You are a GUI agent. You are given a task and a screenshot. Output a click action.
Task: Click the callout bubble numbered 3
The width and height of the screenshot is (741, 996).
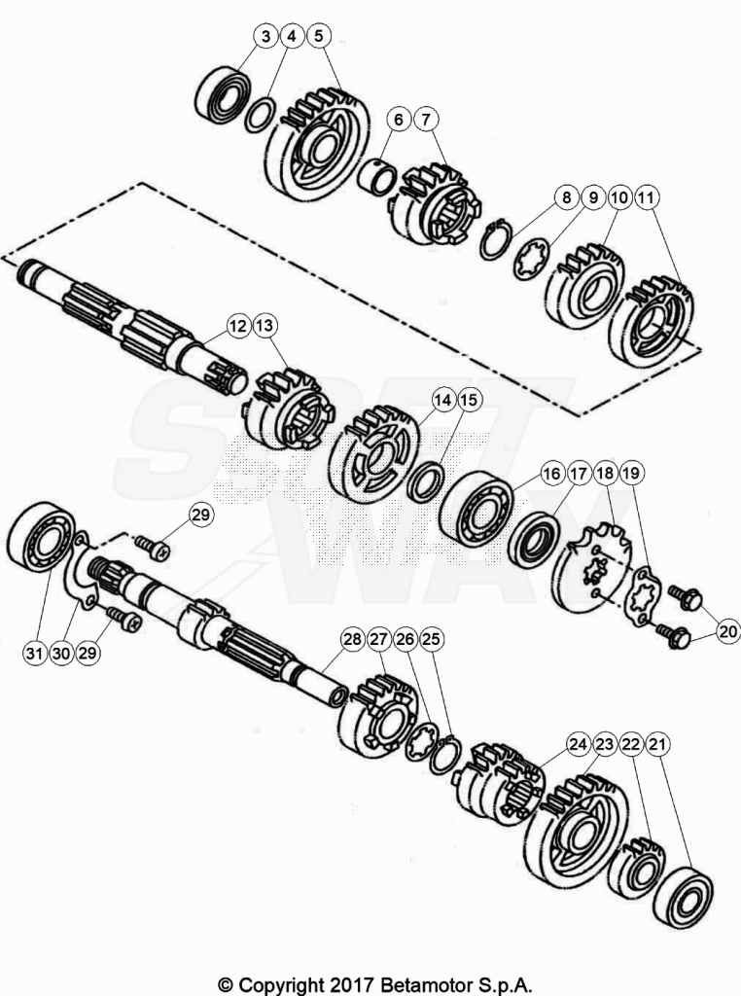point(266,36)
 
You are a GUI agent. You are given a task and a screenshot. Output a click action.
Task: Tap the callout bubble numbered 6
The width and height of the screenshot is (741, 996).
point(399,119)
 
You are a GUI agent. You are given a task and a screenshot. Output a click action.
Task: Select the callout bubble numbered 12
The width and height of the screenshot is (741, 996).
point(238,326)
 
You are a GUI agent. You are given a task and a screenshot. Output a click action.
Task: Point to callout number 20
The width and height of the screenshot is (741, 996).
point(728,631)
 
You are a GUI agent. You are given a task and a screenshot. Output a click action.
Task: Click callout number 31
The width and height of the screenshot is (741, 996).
point(35,653)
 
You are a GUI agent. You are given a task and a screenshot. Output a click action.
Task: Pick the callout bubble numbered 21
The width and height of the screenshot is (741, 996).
point(657,744)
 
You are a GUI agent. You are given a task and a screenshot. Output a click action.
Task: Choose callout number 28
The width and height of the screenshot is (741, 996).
point(352,639)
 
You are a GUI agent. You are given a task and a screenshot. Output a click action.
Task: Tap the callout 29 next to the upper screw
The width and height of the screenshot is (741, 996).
point(200,515)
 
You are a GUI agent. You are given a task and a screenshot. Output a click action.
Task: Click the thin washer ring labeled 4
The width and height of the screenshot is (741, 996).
point(261,115)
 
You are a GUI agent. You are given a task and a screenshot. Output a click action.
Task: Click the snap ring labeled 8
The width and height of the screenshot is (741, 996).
point(494,240)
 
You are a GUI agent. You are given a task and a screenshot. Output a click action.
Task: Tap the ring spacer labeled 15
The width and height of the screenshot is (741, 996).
point(425,482)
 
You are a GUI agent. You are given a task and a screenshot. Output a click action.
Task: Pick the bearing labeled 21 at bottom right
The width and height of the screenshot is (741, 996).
point(684,898)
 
